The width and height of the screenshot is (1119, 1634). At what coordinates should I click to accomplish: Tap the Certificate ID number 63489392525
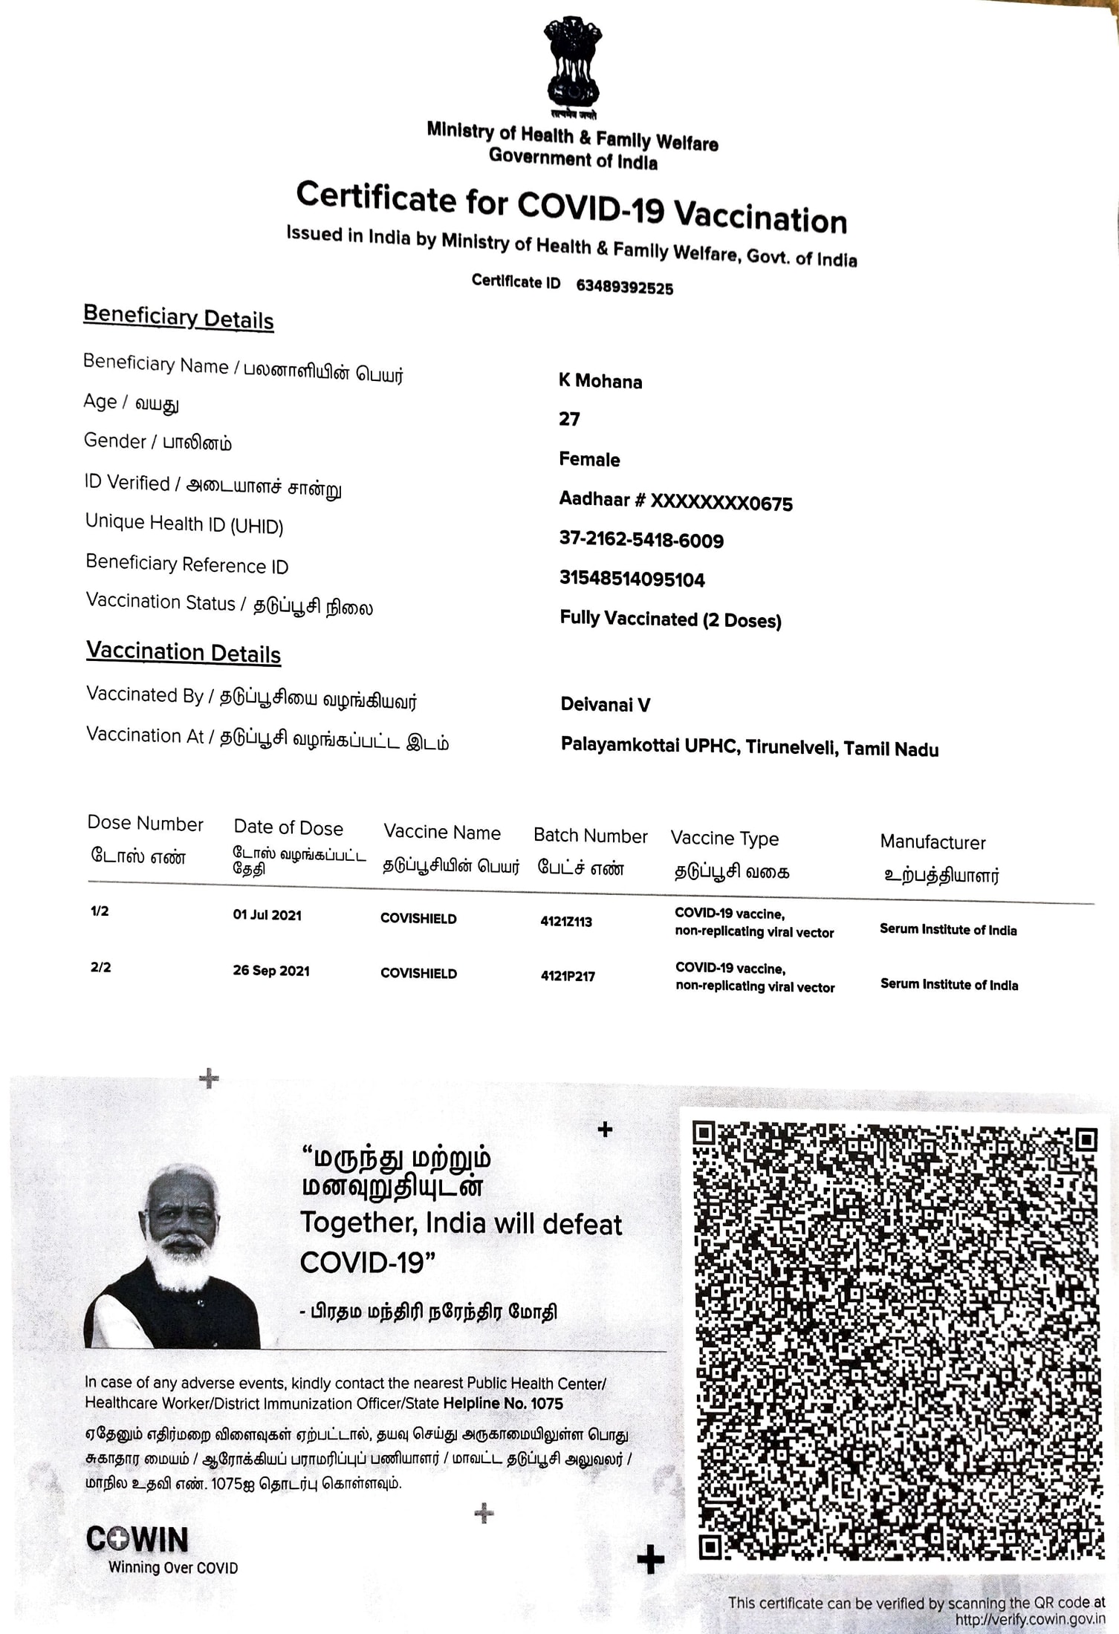pyautogui.click(x=624, y=287)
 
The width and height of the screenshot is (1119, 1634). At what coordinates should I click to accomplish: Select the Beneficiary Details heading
pyautogui.click(x=178, y=317)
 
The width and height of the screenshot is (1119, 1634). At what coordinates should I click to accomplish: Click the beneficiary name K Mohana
pyautogui.click(x=600, y=381)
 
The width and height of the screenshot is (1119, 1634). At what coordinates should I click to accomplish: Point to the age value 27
pyautogui.click(x=569, y=420)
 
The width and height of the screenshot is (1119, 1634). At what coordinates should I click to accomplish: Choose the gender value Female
pyautogui.click(x=589, y=459)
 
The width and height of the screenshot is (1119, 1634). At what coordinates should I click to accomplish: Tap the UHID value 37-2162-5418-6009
pyautogui.click(x=641, y=540)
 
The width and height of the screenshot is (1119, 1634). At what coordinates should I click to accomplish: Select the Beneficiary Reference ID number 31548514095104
pyautogui.click(x=632, y=579)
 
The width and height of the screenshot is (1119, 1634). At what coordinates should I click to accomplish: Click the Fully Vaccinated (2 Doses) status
pyautogui.click(x=670, y=619)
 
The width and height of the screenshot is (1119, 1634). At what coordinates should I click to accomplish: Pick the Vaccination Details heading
pyautogui.click(x=183, y=653)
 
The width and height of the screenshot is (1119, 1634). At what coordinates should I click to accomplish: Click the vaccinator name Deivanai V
pyautogui.click(x=605, y=704)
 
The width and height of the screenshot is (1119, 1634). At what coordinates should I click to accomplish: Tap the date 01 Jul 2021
pyautogui.click(x=267, y=915)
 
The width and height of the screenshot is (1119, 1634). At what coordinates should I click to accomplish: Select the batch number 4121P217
pyautogui.click(x=568, y=976)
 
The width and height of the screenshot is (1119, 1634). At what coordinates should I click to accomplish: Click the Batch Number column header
pyautogui.click(x=590, y=836)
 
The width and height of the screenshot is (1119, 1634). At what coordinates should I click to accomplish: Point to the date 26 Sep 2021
pyautogui.click(x=270, y=971)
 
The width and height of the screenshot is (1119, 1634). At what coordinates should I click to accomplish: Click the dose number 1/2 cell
pyautogui.click(x=100, y=911)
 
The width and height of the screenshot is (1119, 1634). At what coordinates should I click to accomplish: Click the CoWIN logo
pyautogui.click(x=137, y=1540)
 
